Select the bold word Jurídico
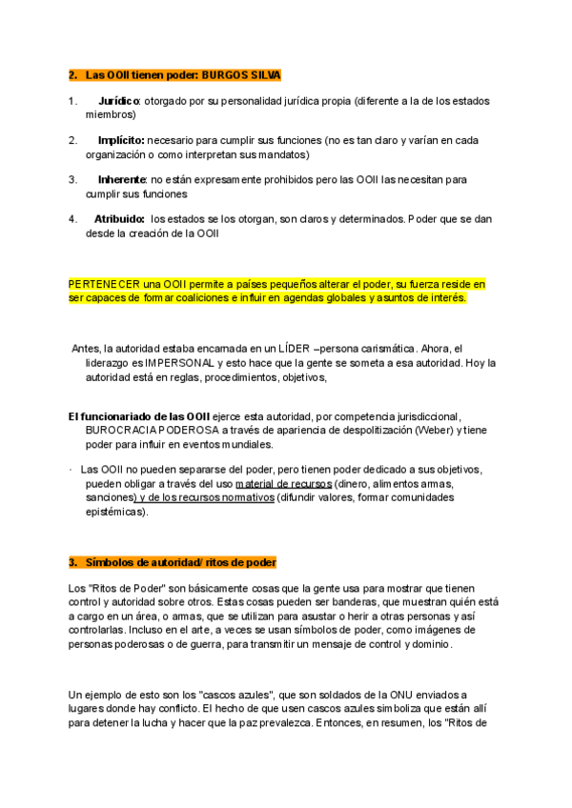click(x=120, y=101)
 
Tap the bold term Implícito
click(x=121, y=140)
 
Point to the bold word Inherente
click(x=122, y=179)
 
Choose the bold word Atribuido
click(x=120, y=218)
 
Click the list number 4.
click(x=73, y=218)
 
